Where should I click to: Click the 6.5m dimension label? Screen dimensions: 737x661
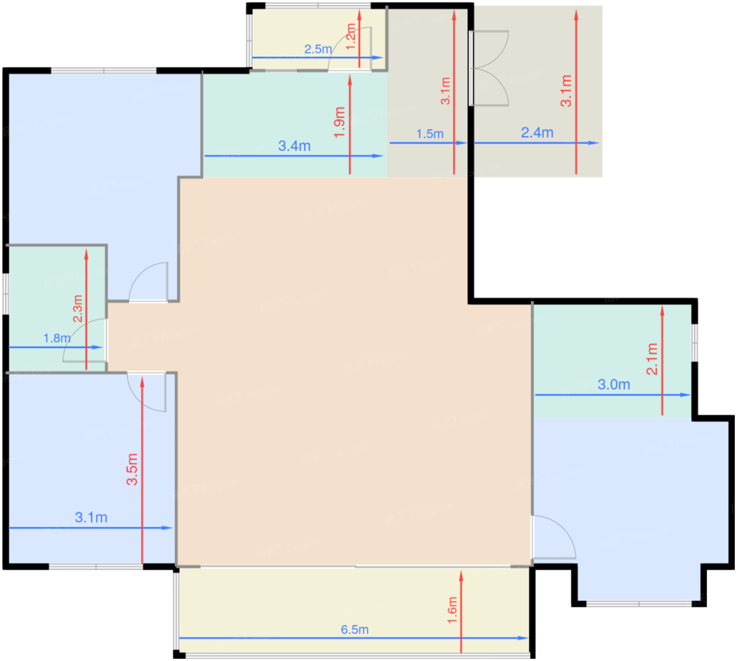[x=354, y=629]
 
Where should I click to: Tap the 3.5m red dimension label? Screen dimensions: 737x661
[x=132, y=469]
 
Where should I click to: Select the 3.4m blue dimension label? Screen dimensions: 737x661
[x=294, y=146]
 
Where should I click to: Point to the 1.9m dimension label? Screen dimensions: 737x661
[x=340, y=122]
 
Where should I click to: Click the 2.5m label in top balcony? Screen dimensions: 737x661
[x=318, y=49]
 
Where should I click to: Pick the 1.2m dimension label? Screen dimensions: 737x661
[x=351, y=36]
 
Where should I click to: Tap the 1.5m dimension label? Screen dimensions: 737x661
[x=430, y=134]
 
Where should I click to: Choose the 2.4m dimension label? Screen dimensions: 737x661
[x=537, y=133]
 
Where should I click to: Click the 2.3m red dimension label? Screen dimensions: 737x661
[x=78, y=309]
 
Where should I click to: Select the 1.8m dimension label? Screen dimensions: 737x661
[x=57, y=338]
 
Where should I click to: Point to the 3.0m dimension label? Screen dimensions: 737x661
[x=614, y=384]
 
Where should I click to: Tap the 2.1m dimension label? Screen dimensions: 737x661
[x=652, y=359]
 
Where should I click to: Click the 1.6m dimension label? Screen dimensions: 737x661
[x=452, y=610]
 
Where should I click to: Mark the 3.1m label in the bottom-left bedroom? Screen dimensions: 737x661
[x=91, y=517]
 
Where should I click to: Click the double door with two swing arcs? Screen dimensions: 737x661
[x=489, y=68]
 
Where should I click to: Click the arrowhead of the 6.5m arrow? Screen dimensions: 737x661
[x=523, y=638]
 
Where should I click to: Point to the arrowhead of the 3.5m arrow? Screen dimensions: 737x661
[x=142, y=382]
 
